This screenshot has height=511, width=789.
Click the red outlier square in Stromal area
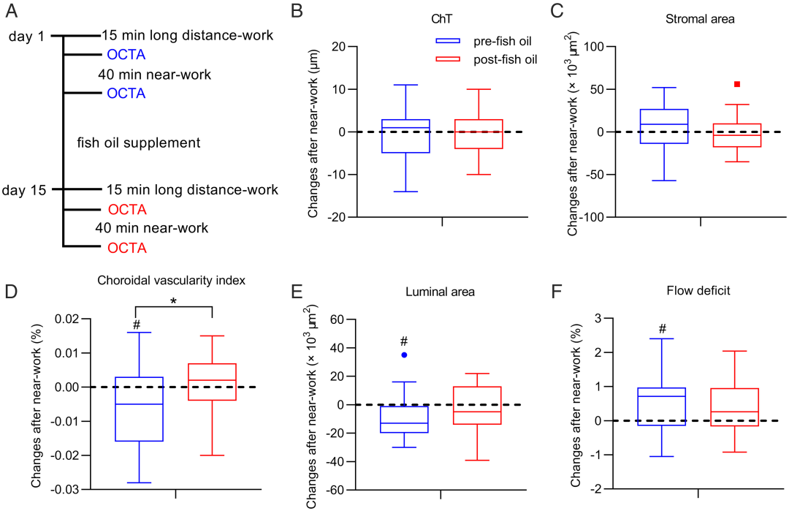[x=737, y=84]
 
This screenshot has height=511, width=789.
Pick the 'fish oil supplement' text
[x=138, y=143]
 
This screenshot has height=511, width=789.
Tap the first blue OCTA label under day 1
[x=126, y=54]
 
